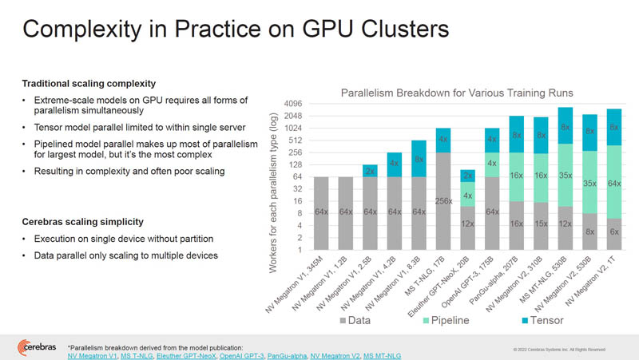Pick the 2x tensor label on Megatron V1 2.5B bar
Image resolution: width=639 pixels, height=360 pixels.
pos(371,171)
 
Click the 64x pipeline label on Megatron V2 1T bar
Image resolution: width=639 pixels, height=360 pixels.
pos(615,184)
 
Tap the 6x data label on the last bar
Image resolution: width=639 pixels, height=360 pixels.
pos(615,231)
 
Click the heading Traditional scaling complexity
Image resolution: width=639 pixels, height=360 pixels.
pos(88,83)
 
